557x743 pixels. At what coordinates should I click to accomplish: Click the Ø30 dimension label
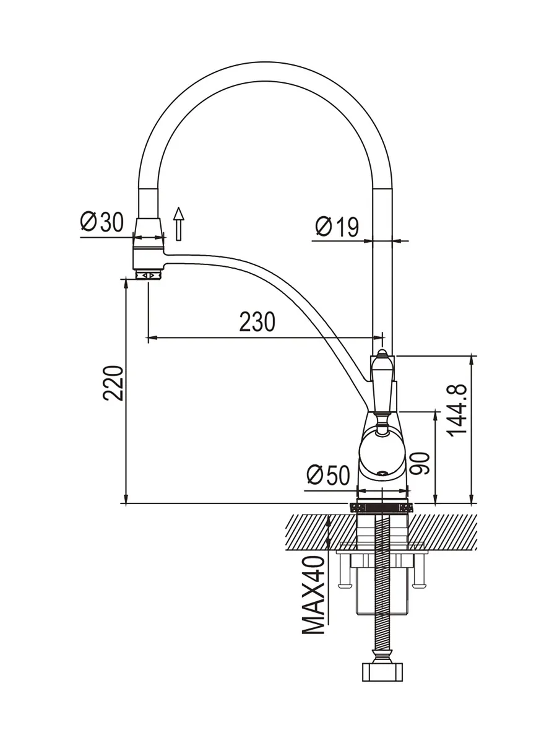pos(101,222)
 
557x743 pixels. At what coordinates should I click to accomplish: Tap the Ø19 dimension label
pos(337,227)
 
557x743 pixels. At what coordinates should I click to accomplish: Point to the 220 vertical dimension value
pos(113,383)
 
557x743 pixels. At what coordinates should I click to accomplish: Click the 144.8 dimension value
pos(457,411)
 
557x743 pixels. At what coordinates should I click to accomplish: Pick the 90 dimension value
pos(420,463)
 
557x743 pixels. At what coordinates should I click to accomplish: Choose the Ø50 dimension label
pos(328,474)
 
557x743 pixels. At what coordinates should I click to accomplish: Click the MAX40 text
pos(313,594)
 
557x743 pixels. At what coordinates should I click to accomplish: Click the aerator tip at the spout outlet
pos(149,275)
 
